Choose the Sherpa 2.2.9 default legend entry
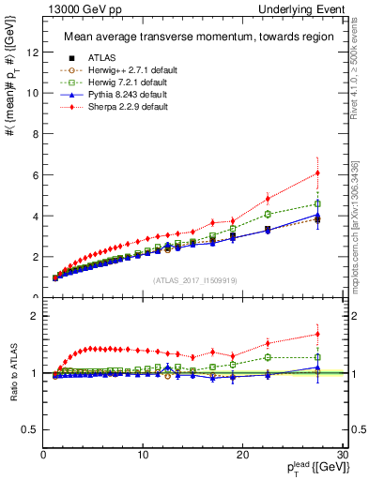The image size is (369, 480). point(117,107)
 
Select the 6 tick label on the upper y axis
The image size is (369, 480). point(35,174)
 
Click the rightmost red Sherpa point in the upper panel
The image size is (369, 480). point(318,172)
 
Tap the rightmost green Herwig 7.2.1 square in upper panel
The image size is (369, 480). point(318,203)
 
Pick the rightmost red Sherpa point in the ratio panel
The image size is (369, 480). point(318,334)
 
